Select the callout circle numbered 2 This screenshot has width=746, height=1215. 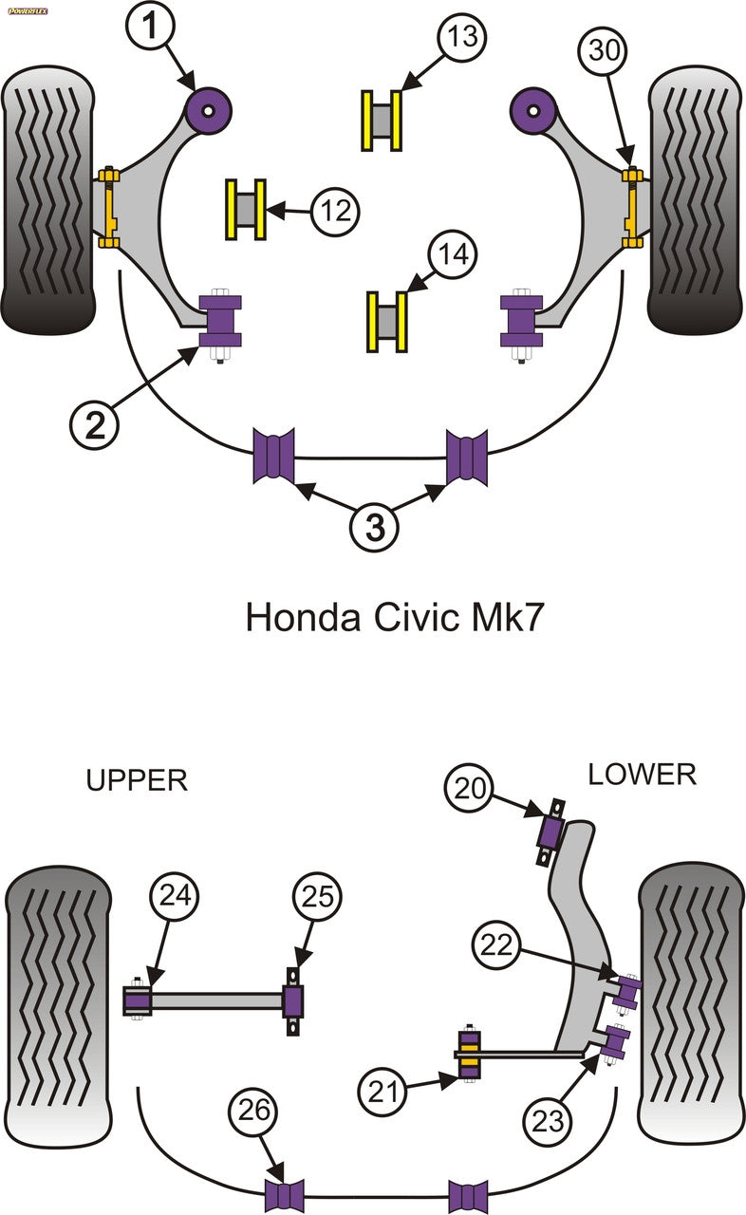[96, 425]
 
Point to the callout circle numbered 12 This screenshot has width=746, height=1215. [333, 209]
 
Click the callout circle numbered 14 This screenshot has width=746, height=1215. [453, 254]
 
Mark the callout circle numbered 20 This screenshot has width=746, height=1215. [471, 788]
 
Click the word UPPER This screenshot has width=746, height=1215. [137, 780]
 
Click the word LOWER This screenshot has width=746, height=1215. [642, 775]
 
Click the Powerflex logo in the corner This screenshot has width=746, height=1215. [28, 11]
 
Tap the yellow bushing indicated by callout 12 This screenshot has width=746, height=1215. [245, 209]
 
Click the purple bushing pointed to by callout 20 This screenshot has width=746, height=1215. [550, 832]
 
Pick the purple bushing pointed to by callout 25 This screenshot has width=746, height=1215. [295, 1000]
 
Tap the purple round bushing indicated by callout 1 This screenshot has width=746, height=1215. [210, 107]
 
